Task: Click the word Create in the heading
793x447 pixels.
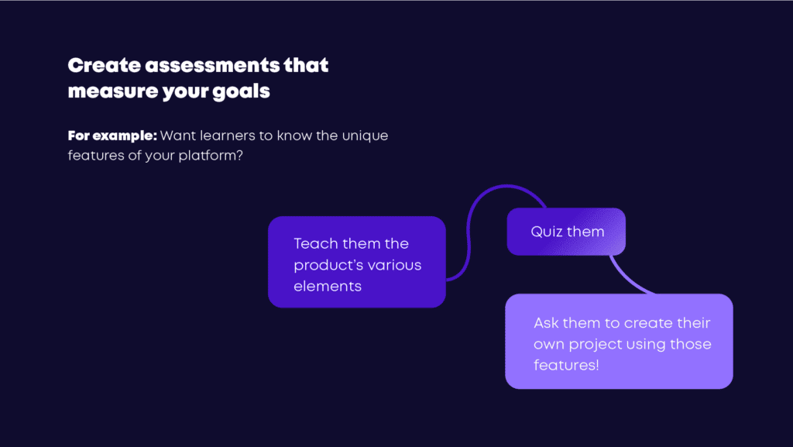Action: tap(105, 65)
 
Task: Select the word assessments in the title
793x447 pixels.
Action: tap(212, 65)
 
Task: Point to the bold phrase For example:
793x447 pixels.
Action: tap(112, 136)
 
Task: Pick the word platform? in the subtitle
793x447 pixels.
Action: tap(211, 156)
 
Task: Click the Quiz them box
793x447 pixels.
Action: tap(566, 232)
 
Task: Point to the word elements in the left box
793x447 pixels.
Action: tap(328, 287)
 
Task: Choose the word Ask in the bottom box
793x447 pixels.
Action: tap(546, 322)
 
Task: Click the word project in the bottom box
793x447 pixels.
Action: tap(596, 345)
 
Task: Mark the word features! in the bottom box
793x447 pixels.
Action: tap(566, 365)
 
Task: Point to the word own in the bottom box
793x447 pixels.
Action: tap(549, 345)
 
